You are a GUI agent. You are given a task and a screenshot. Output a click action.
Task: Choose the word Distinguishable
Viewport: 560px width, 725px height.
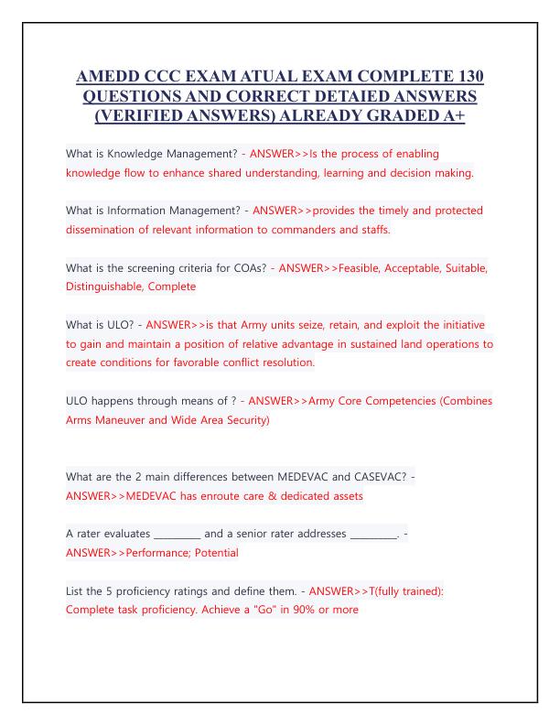(x=113, y=287)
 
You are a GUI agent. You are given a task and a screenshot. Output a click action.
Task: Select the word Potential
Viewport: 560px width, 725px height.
(x=213, y=553)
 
